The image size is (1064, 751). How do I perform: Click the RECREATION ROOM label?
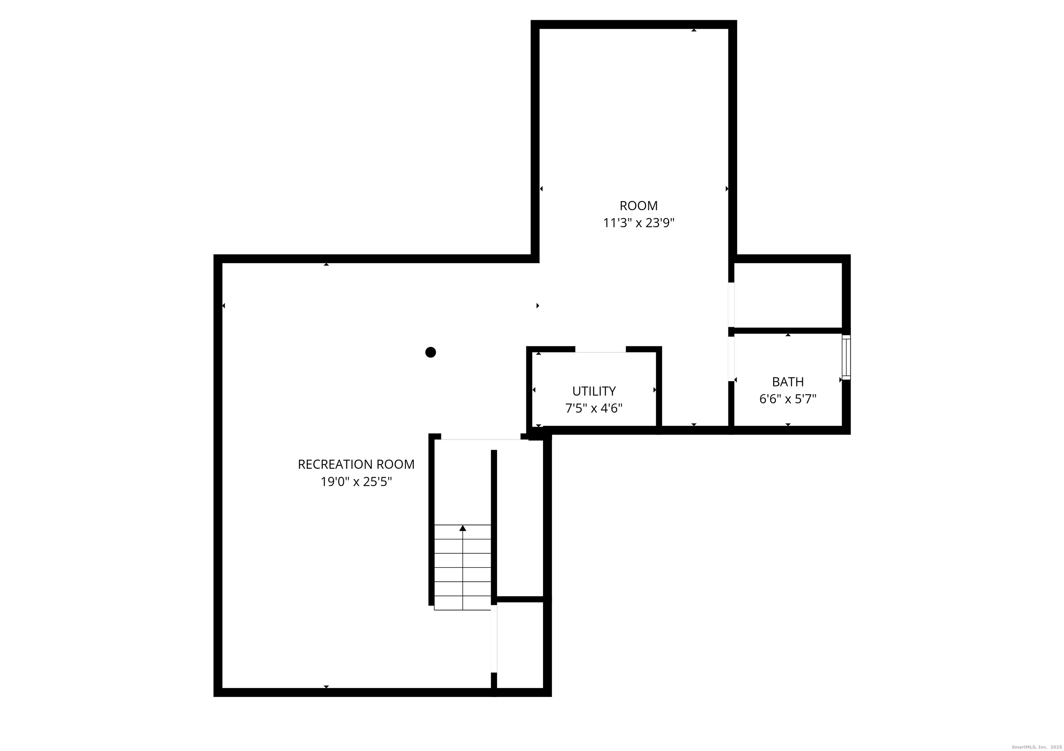point(356,464)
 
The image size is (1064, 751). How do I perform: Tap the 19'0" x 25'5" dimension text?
point(356,482)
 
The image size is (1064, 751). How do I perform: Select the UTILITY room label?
point(594,392)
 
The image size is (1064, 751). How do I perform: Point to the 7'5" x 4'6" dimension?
point(594,408)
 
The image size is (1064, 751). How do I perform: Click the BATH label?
point(788,382)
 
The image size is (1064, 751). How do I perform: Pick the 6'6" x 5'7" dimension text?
point(788,399)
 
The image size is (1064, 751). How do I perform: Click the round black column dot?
point(431,352)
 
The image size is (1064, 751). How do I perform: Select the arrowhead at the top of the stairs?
point(462,528)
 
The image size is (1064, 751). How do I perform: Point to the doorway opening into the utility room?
point(601,349)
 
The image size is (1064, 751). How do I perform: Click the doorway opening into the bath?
point(731,359)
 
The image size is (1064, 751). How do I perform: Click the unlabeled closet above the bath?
point(788,295)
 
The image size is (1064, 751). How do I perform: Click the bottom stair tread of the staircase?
point(462,603)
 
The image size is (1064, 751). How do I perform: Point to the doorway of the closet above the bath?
point(731,304)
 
